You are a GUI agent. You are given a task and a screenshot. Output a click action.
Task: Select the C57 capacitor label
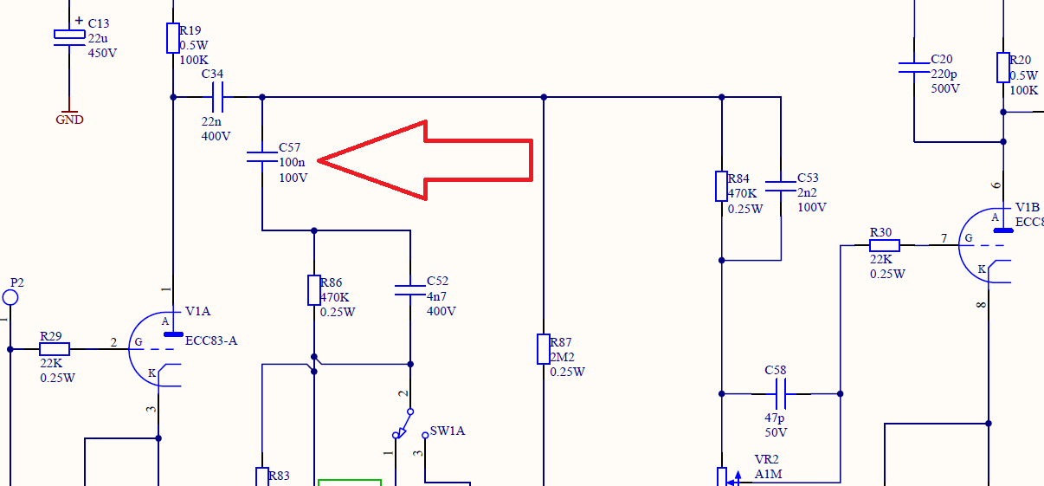coord(289,148)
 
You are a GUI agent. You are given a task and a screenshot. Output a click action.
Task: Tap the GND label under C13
coord(69,120)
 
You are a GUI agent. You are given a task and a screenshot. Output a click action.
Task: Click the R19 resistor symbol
coord(173,38)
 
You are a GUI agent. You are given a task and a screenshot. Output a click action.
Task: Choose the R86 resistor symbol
coord(314,290)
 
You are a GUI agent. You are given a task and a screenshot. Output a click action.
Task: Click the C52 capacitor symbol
coord(411,289)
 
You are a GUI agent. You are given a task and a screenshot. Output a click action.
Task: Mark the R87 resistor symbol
coord(543,349)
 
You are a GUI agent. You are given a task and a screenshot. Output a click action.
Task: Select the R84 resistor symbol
coord(721,186)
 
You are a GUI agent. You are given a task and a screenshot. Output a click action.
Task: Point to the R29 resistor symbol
coord(55,349)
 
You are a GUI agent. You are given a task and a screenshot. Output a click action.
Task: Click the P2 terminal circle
coord(10,298)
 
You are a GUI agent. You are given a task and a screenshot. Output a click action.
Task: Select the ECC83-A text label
coord(211,340)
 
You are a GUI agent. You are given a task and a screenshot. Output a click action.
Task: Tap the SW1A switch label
coord(447,431)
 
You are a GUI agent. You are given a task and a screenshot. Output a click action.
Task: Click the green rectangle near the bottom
coord(350,482)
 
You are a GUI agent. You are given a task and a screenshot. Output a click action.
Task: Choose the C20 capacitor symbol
coord(913,67)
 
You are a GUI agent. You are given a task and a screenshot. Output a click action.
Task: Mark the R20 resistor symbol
coord(1003,68)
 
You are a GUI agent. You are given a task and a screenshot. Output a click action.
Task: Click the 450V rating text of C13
coord(102,53)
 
